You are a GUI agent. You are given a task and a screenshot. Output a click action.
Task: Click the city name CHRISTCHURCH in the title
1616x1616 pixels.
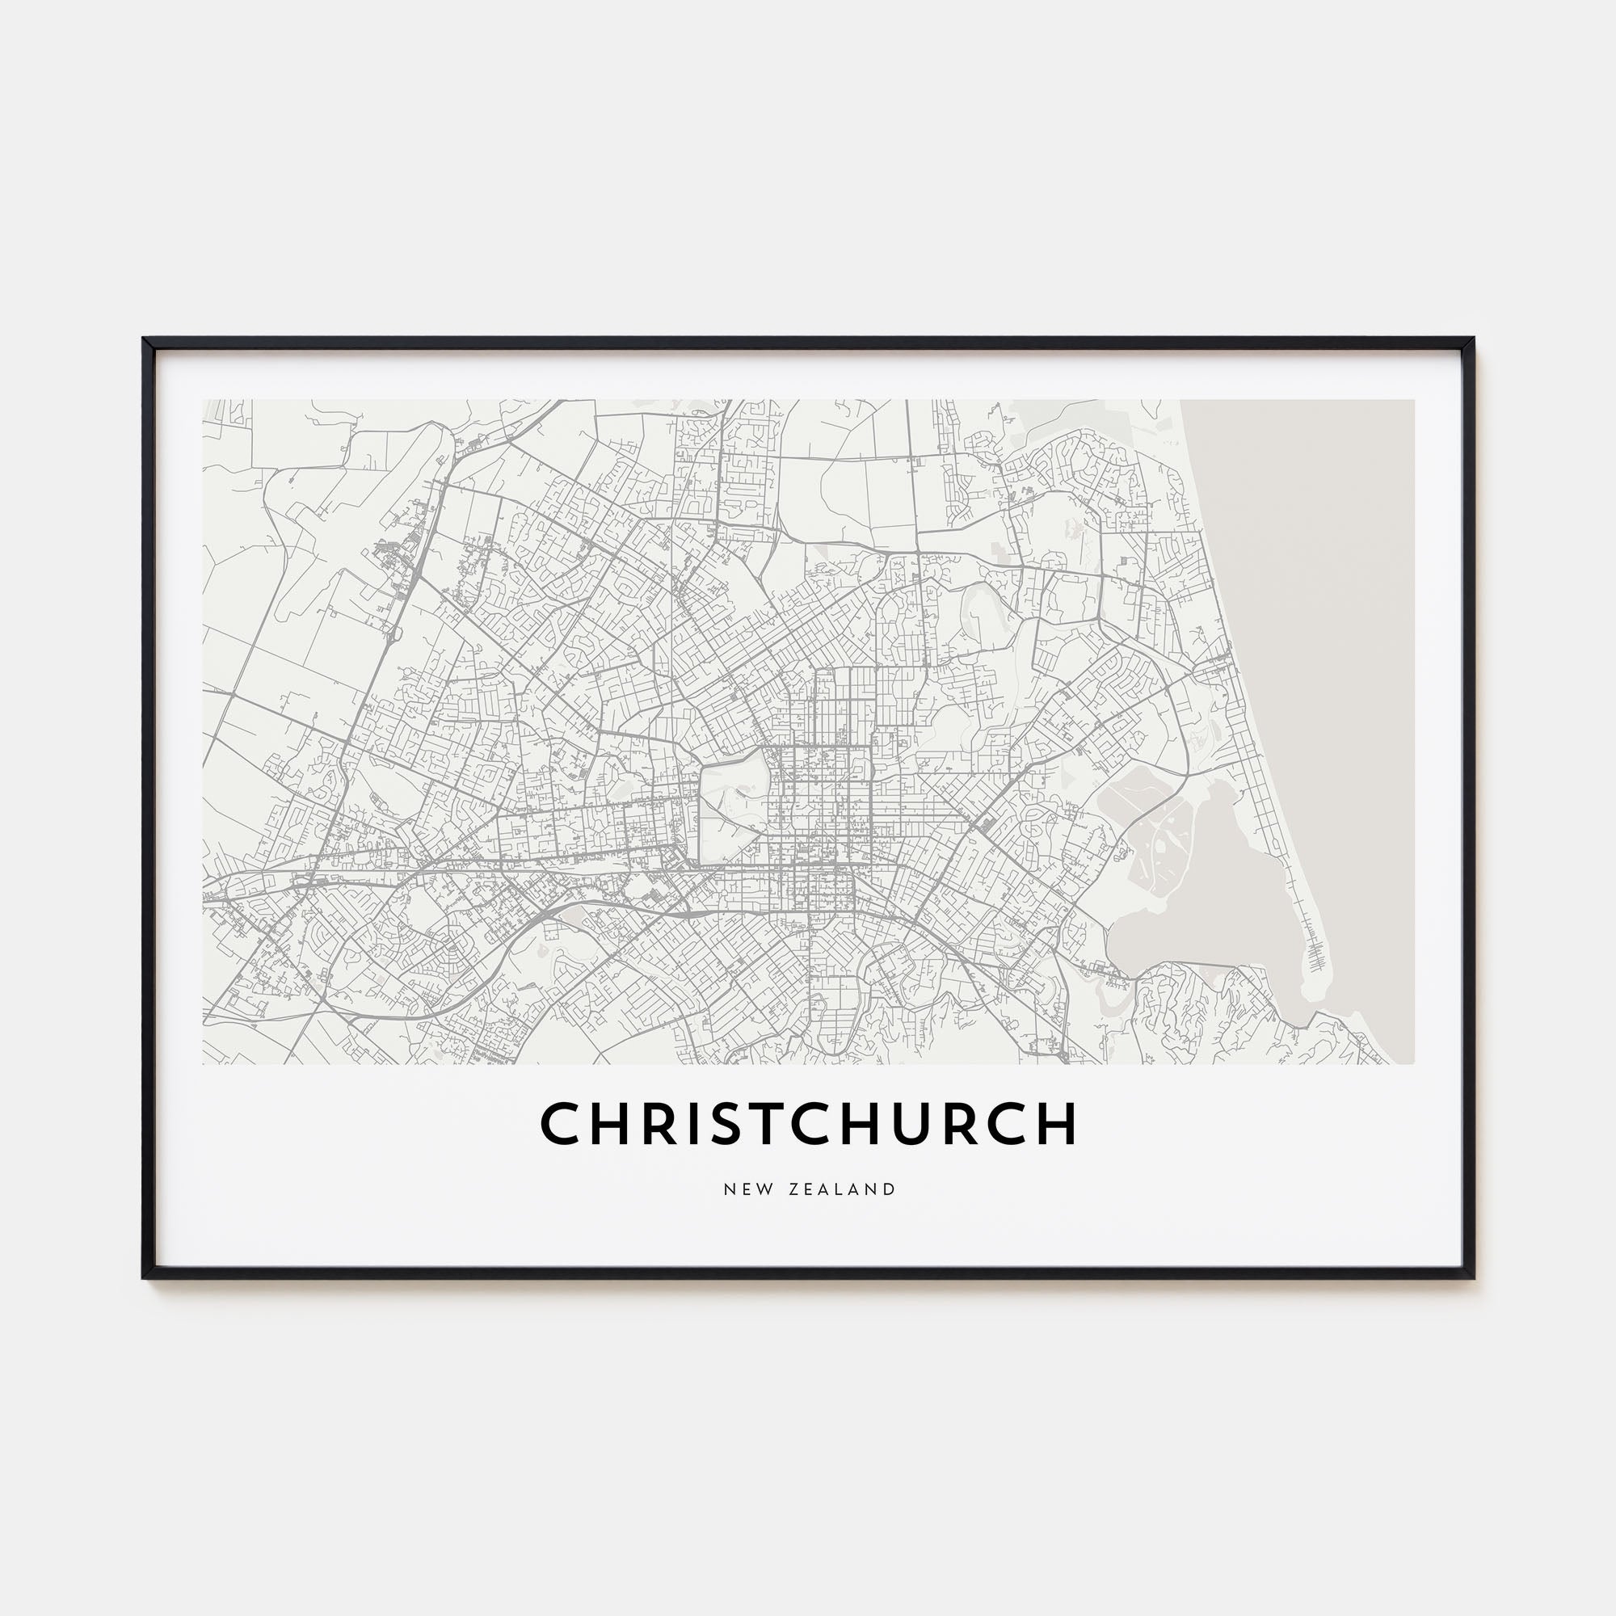(808, 1123)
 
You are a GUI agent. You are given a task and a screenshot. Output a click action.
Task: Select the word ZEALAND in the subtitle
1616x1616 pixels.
(841, 1189)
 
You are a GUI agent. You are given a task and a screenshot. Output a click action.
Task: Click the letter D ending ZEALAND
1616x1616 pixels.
(889, 1189)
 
